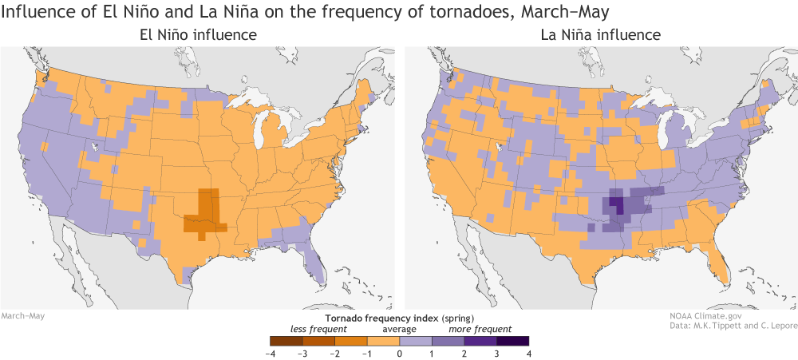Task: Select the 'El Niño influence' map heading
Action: click(198, 35)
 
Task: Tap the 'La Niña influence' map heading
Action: click(600, 35)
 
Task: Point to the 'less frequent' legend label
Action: click(318, 328)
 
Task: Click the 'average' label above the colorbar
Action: click(398, 328)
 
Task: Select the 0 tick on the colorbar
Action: click(399, 352)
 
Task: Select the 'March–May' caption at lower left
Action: click(22, 316)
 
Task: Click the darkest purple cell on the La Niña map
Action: click(618, 203)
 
